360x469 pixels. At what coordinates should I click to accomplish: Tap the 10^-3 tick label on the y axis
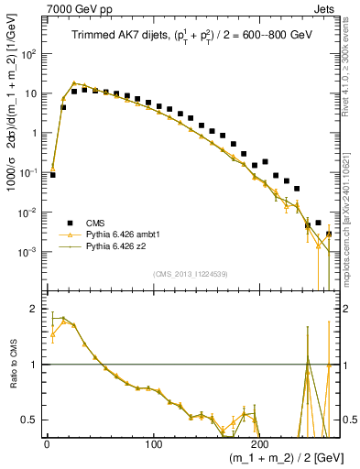tap(27, 252)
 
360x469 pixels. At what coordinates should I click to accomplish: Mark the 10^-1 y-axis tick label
tap(27, 172)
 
